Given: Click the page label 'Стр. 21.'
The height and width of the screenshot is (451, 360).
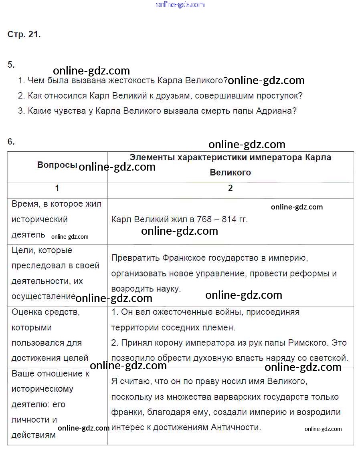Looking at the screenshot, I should pyautogui.click(x=24, y=34).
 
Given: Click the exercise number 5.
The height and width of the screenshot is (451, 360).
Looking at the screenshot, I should pyautogui.click(x=11, y=64).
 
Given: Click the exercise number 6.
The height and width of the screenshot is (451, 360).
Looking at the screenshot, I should pyautogui.click(x=11, y=141).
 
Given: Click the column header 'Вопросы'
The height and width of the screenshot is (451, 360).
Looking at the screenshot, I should pyautogui.click(x=57, y=165).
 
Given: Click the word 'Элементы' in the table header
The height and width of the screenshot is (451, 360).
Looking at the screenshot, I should pyautogui.click(x=152, y=157).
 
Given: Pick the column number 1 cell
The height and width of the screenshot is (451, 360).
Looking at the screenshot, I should pyautogui.click(x=57, y=188).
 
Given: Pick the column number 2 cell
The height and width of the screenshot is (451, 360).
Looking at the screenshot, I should pyautogui.click(x=230, y=188).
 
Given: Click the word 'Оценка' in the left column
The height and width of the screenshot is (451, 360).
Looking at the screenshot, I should pyautogui.click(x=26, y=312).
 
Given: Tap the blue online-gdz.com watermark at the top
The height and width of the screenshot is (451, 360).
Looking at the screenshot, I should pyautogui.click(x=180, y=5).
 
